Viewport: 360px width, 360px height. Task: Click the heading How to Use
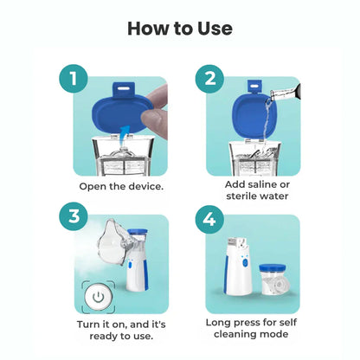point(180,28)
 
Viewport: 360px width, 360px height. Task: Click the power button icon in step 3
point(100,295)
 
